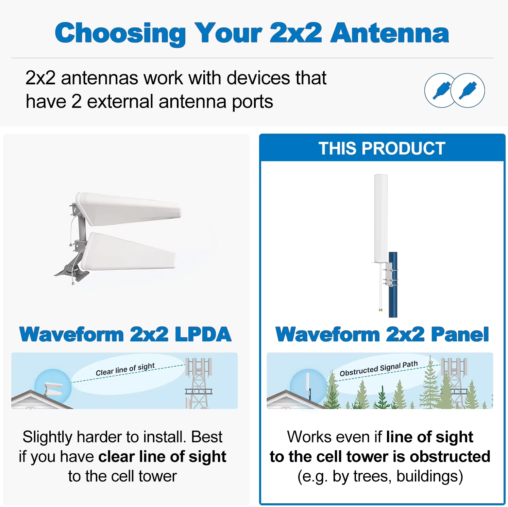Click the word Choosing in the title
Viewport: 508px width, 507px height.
click(120, 33)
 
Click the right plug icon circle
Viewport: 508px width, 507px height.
click(468, 90)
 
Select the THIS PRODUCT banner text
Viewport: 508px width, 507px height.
click(382, 149)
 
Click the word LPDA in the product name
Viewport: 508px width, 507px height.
click(203, 334)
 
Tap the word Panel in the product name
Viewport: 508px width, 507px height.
click(460, 334)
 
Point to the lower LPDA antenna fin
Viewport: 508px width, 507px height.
click(129, 252)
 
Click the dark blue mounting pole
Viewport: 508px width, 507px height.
click(393, 285)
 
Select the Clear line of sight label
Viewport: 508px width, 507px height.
click(125, 370)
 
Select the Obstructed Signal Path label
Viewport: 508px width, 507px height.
click(378, 369)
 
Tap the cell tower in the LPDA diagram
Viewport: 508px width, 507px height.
click(199, 383)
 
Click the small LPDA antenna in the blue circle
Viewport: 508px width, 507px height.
click(54, 389)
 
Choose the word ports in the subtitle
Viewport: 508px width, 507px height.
click(252, 102)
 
